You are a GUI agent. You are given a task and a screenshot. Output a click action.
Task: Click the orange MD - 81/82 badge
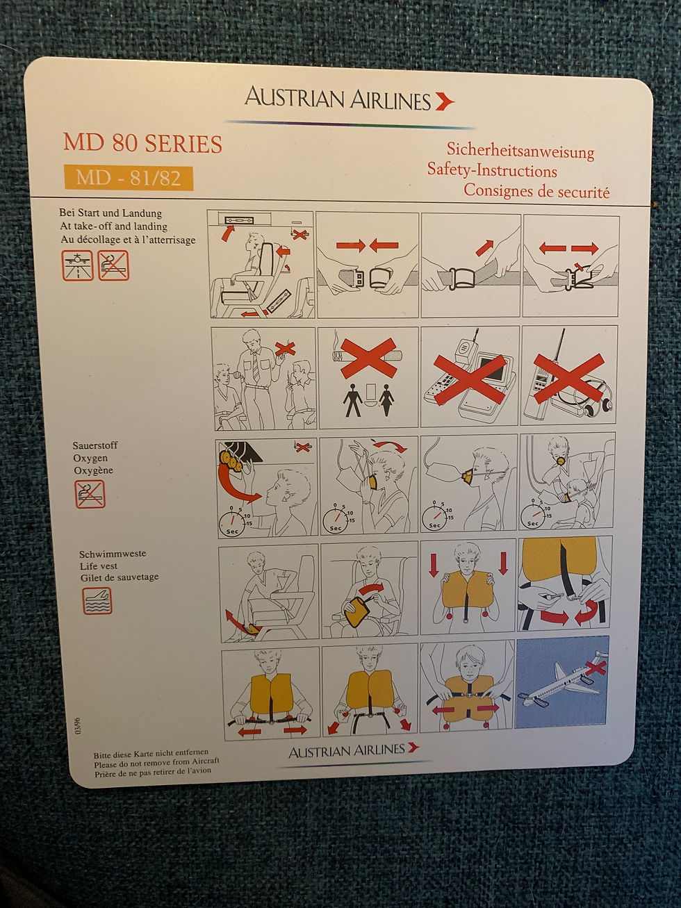(129, 178)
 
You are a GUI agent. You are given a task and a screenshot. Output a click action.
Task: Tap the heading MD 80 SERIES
(142, 144)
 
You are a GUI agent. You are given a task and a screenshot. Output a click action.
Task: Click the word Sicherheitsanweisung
(520, 151)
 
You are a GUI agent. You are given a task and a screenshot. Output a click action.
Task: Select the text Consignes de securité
(536, 190)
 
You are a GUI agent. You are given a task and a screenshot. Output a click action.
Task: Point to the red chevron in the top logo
(445, 101)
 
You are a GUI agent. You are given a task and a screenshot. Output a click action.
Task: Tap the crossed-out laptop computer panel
(470, 376)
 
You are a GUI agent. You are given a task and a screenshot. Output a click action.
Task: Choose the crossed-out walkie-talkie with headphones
(569, 376)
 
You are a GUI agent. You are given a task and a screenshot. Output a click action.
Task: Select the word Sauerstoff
(95, 445)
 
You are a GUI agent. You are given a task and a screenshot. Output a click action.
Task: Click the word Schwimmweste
(113, 554)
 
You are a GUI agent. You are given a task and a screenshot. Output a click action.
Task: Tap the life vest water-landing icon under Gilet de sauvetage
(97, 601)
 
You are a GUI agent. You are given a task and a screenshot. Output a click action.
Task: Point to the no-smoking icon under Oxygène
(90, 494)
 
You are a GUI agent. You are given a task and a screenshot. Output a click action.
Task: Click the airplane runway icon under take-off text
(78, 265)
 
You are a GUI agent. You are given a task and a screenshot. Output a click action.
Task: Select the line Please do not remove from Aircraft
(156, 761)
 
